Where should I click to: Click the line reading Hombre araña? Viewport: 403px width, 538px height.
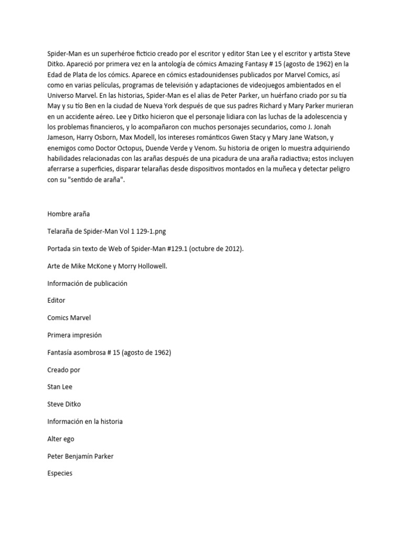click(x=68, y=214)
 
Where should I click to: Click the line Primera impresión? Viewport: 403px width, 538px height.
click(x=74, y=335)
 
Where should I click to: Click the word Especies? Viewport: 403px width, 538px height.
click(x=60, y=473)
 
